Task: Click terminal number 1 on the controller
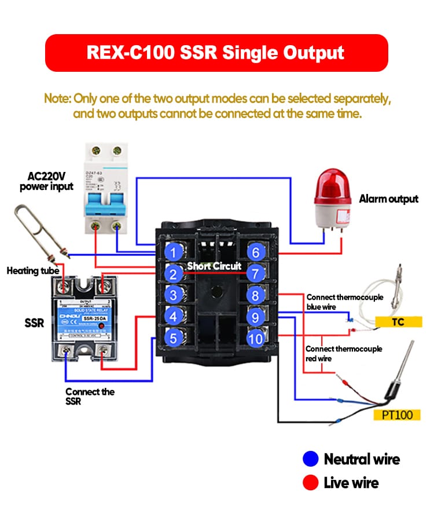pos(173,252)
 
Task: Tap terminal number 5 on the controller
pos(173,337)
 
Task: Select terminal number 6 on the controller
pos(255,252)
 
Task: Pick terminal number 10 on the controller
pos(255,337)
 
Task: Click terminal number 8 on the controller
pos(255,295)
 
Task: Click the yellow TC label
pos(398,322)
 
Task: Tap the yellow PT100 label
pos(398,415)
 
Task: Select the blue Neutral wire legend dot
pos(311,459)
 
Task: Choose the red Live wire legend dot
pos(311,482)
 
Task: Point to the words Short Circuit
pos(214,266)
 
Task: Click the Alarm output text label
pos(388,199)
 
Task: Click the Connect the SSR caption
pos(90,397)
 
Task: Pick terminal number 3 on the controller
pos(173,295)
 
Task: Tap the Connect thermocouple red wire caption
pos(336,354)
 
